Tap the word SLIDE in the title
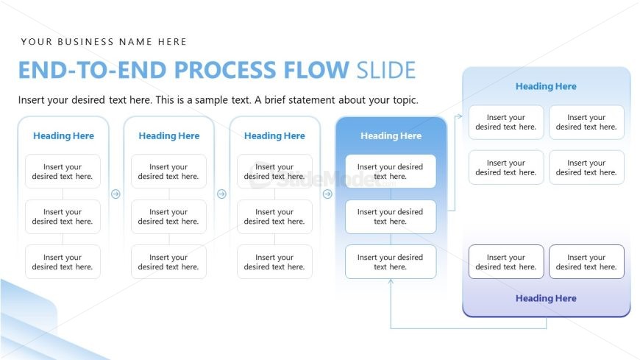click(x=385, y=70)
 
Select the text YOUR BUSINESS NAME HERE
click(x=104, y=42)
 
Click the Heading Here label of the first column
click(x=63, y=135)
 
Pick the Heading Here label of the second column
click(x=169, y=135)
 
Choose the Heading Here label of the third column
click(x=274, y=135)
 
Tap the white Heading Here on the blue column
click(x=391, y=135)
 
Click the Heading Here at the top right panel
click(x=546, y=86)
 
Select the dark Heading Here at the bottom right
click(x=546, y=298)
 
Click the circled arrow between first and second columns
click(x=115, y=194)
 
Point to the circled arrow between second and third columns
click(x=221, y=194)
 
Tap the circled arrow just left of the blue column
click(x=327, y=194)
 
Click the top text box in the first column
click(x=63, y=172)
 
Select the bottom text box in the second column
click(x=168, y=262)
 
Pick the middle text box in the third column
click(x=274, y=216)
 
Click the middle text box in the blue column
click(x=391, y=216)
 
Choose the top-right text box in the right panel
click(x=586, y=122)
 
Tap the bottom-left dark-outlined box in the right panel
click(x=506, y=262)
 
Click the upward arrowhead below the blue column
click(x=391, y=282)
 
